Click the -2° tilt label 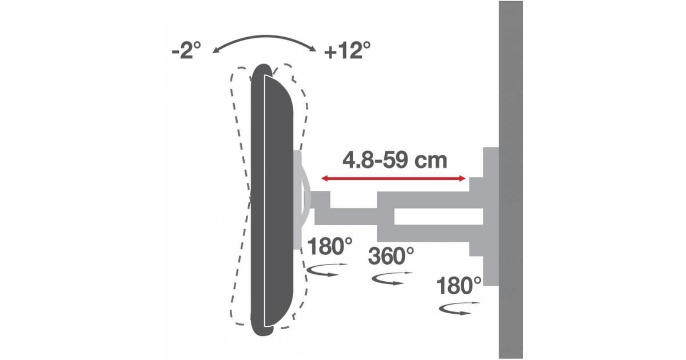click(x=186, y=50)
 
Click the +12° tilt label click(x=348, y=50)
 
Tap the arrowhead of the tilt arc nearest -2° click(x=216, y=51)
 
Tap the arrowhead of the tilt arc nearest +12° click(x=313, y=49)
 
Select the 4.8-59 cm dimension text click(x=395, y=161)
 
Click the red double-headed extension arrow click(x=393, y=178)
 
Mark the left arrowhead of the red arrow click(x=324, y=178)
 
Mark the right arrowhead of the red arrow click(x=462, y=178)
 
